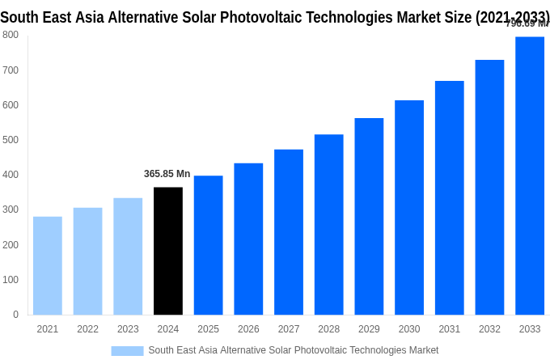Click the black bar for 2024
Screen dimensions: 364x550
coord(168,251)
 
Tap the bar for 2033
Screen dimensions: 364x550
coord(530,176)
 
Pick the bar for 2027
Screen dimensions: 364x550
coord(289,232)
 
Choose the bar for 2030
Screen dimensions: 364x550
coord(409,207)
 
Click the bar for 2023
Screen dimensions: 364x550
coord(128,256)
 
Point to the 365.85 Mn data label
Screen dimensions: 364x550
coord(167,174)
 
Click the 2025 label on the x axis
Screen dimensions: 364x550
coord(209,329)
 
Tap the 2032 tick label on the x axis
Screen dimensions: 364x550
coord(489,329)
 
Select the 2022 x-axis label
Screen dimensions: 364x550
coord(87,329)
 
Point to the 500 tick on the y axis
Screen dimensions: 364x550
coord(11,140)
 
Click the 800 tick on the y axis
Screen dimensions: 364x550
coord(11,35)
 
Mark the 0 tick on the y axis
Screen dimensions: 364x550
coord(15,315)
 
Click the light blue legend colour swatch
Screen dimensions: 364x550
coord(127,351)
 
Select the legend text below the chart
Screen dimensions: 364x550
coord(293,350)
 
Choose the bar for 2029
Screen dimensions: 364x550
coord(369,216)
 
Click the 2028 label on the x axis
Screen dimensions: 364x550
coord(329,329)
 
